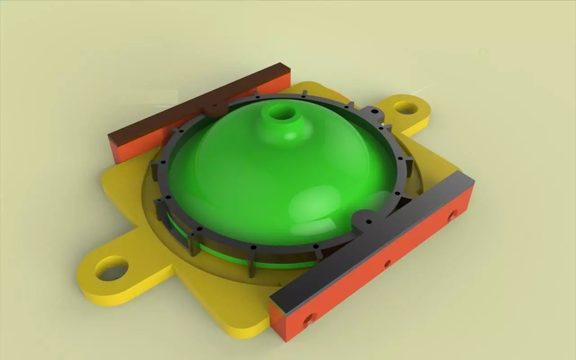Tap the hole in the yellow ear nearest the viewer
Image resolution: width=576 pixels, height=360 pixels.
tap(112, 268)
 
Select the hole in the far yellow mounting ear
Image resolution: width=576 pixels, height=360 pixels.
tap(406, 108)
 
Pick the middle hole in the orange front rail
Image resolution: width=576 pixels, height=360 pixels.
tap(387, 264)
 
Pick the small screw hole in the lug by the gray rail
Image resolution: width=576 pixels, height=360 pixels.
tap(369, 222)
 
